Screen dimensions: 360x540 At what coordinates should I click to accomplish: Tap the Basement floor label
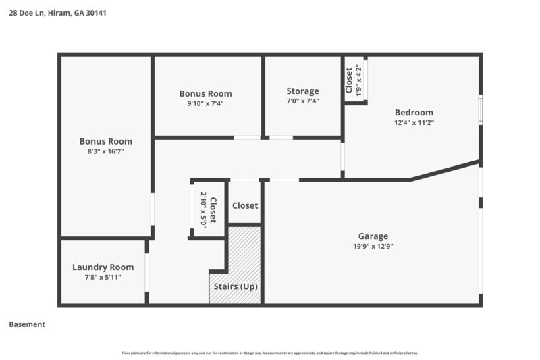pos(27,324)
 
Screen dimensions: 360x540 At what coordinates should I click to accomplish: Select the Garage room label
pos(373,236)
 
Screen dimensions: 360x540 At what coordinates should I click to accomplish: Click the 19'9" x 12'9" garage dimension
pos(373,247)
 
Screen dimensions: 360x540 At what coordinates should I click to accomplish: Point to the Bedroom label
pos(414,113)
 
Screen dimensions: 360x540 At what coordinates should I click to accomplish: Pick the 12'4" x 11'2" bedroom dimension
pos(414,123)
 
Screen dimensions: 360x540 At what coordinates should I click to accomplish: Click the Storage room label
pos(302,91)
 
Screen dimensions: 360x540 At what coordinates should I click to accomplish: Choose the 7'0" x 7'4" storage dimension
pos(302,101)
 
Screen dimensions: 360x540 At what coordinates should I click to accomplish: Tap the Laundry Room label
pos(103,267)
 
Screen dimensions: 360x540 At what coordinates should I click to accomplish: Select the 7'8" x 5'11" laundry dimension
pos(103,278)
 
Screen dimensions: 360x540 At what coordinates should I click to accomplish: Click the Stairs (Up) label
pos(236,286)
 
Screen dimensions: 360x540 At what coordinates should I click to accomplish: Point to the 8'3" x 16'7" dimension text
pos(105,152)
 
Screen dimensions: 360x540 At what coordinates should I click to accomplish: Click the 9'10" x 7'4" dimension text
pos(205,104)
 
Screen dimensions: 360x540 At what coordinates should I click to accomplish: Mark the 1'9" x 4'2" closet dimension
pos(358,79)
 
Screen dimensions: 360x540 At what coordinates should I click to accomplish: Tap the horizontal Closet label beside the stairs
pos(245,205)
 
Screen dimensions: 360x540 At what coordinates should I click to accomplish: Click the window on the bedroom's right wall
pos(481,110)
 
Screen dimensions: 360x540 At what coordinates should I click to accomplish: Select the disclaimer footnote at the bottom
pos(269,353)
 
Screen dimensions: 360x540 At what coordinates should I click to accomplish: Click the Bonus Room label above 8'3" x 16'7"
pos(105,142)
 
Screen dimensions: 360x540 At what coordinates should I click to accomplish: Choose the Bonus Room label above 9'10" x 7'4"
pos(205,94)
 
